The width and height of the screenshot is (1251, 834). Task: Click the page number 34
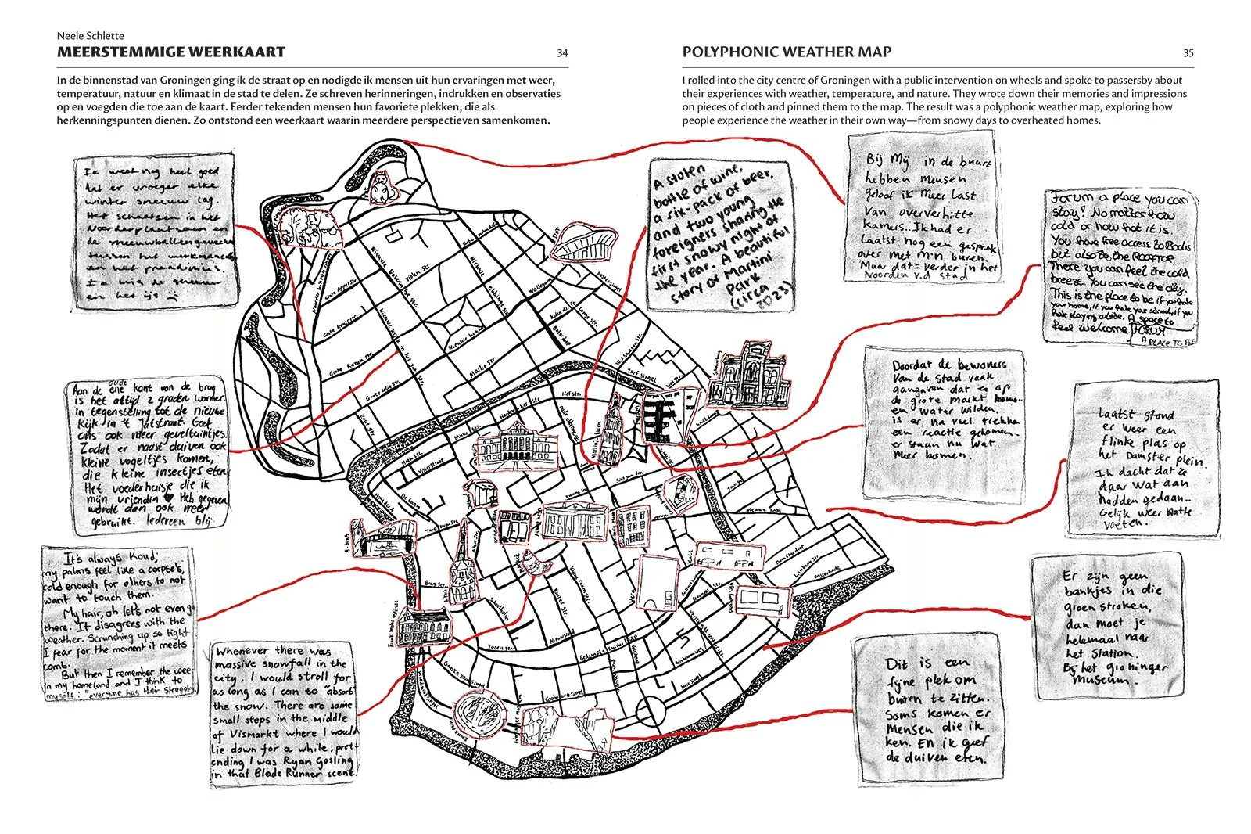562,53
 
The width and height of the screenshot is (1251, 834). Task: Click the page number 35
1188,53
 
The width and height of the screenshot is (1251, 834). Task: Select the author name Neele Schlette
91,35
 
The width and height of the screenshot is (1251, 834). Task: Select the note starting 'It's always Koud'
120,622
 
